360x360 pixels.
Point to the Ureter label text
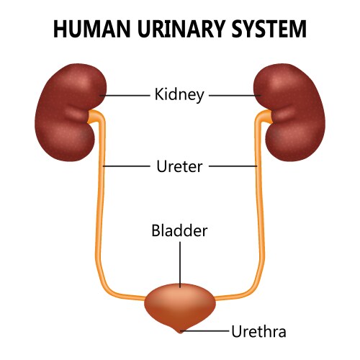pos(180,166)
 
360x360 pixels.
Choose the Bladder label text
pos(180,232)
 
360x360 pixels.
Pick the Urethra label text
pos(258,331)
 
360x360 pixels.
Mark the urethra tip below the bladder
pos(180,330)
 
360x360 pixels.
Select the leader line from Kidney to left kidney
pos(125,94)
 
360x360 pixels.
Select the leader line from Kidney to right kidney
pos(234,94)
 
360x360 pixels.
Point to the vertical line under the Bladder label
pos(180,263)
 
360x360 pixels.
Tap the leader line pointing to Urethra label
pos(205,331)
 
